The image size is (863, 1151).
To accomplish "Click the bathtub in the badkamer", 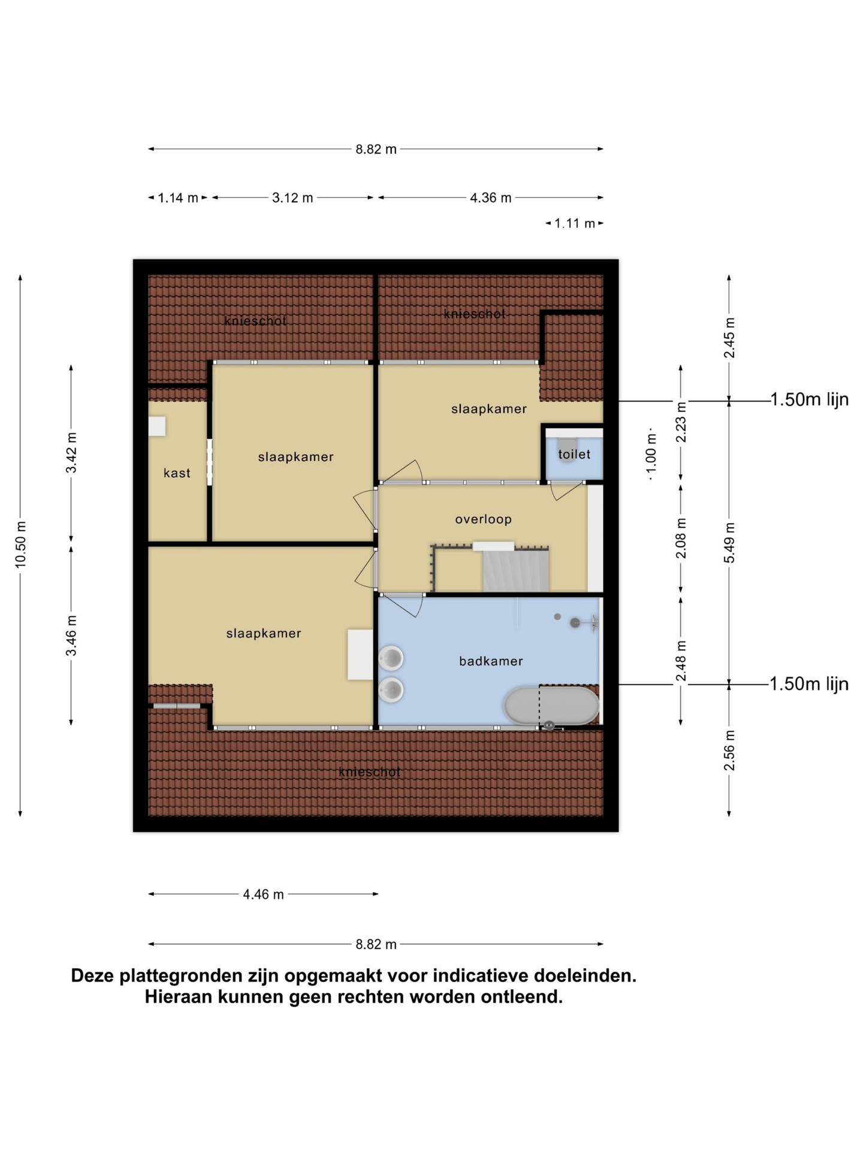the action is click(551, 706).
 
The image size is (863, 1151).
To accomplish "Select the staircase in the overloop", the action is click(515, 570).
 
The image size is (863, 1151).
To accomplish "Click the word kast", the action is click(177, 473).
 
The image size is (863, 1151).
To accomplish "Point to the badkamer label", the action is click(491, 661).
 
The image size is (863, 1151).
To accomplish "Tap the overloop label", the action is click(483, 519).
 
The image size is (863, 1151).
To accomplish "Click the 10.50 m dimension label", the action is click(21, 544).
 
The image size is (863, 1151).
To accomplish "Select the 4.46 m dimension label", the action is click(263, 894).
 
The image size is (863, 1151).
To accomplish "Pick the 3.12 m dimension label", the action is click(292, 198).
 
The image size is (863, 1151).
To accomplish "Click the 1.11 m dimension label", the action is click(575, 224).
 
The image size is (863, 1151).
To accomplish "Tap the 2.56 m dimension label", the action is click(729, 751).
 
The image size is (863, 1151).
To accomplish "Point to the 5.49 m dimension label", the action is click(729, 543).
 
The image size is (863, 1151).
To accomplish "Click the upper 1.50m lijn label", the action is click(809, 399).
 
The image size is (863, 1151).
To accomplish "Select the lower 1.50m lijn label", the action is click(809, 683).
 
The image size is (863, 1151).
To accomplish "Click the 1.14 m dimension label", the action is click(178, 198).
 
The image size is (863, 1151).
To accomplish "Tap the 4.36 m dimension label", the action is click(490, 198).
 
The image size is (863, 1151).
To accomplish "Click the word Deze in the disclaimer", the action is click(93, 975).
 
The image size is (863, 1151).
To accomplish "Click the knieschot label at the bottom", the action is click(369, 772).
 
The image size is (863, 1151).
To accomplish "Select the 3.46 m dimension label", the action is click(71, 635).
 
